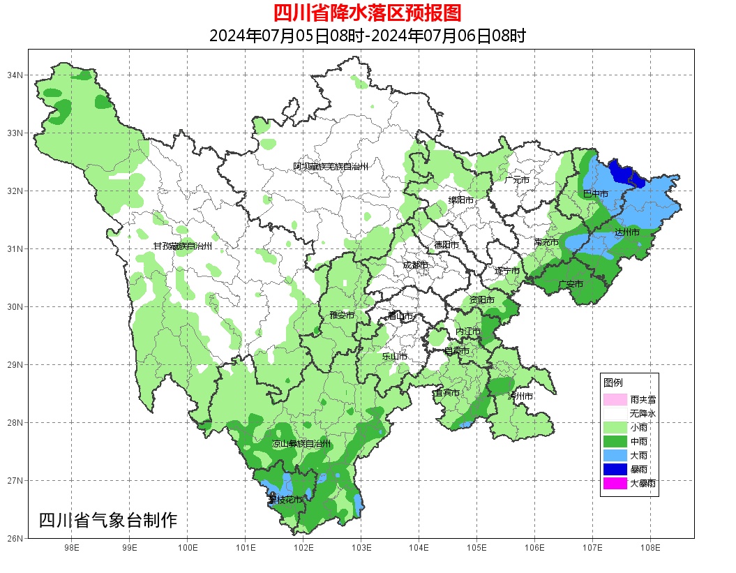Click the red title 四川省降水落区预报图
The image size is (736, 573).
pyautogui.click(x=368, y=13)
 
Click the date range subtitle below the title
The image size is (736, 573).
pyautogui.click(x=368, y=36)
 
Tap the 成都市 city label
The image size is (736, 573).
pyautogui.click(x=415, y=265)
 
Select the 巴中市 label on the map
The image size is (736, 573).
pyautogui.click(x=596, y=193)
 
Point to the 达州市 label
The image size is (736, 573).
pyautogui.click(x=627, y=232)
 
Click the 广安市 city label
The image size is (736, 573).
pyautogui.click(x=571, y=284)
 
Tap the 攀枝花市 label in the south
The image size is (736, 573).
pyautogui.click(x=285, y=500)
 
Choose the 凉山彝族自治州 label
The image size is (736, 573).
pyautogui.click(x=301, y=444)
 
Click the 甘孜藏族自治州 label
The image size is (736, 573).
pyautogui.click(x=183, y=246)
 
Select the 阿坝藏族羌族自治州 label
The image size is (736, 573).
pyautogui.click(x=330, y=167)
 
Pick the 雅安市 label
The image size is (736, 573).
pyautogui.click(x=342, y=315)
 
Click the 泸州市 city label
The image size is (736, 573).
pyautogui.click(x=520, y=396)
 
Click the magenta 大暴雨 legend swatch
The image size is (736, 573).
pyautogui.click(x=615, y=483)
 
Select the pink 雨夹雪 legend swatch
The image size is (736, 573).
pyautogui.click(x=615, y=400)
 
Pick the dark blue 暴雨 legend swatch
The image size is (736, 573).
pyautogui.click(x=615, y=469)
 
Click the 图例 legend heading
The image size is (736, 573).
pyautogui.click(x=613, y=383)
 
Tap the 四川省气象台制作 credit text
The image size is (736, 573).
pyautogui.click(x=108, y=520)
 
